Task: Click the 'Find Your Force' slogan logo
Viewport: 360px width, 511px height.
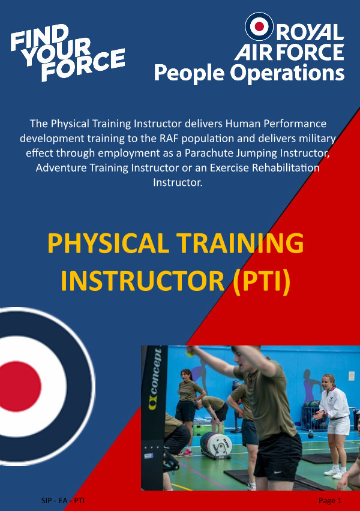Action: coord(67,52)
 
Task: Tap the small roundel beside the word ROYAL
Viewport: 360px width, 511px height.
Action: coord(259,26)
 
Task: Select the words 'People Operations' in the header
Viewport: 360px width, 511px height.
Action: coord(249,73)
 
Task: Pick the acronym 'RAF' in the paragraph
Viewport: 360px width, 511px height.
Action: coord(169,138)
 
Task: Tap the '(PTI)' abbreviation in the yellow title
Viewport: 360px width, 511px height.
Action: coord(262,281)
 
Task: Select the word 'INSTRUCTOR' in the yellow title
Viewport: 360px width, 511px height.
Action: coord(143,281)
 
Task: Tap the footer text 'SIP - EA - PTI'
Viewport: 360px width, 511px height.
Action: coord(63,500)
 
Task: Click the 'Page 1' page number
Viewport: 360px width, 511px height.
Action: coord(330,500)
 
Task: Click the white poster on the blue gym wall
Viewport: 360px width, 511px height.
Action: coord(351,376)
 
